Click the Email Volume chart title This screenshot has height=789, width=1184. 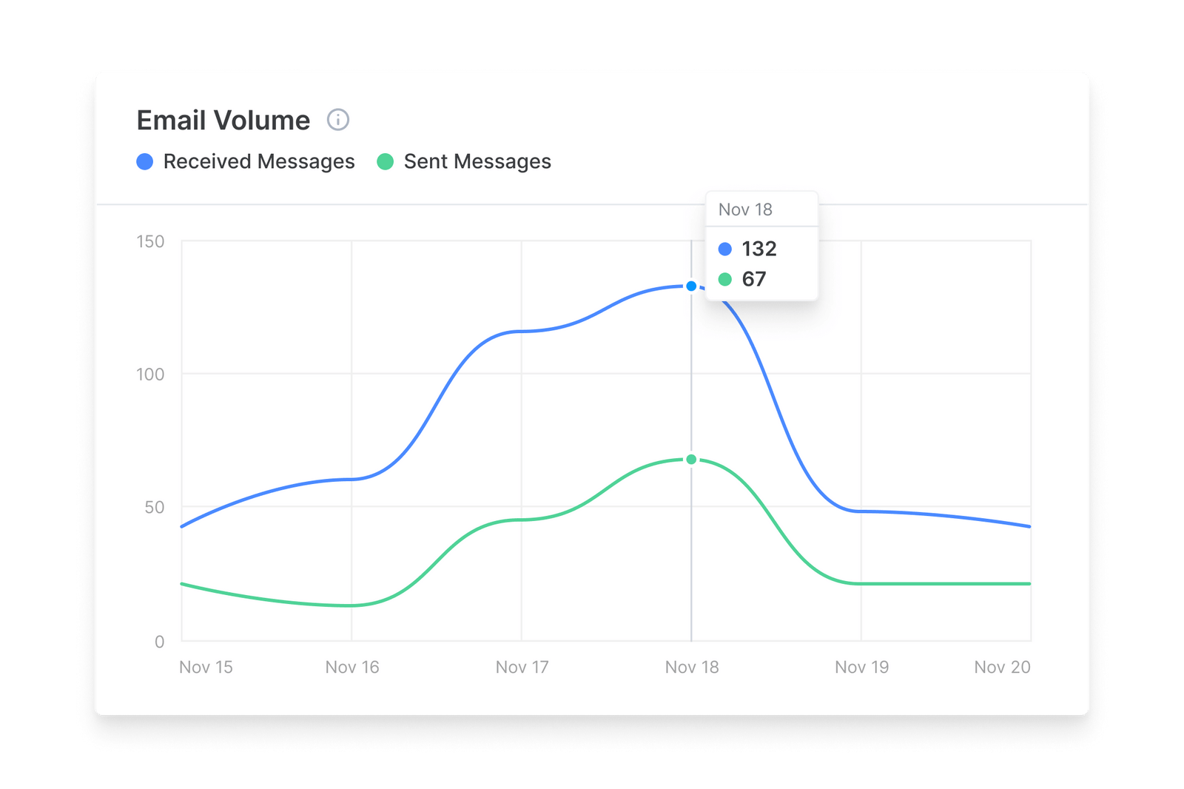[x=223, y=121]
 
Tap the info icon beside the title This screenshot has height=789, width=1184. [x=338, y=119]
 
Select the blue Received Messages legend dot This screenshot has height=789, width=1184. [x=145, y=161]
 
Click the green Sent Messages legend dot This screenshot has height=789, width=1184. [x=385, y=161]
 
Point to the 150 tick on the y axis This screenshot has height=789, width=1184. [x=150, y=241]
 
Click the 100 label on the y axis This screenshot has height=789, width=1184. [x=150, y=375]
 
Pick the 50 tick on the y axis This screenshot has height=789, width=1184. [x=154, y=508]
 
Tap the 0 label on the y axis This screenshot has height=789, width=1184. [x=159, y=642]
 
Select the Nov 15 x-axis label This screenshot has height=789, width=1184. [x=206, y=667]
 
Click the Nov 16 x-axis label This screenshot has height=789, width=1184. [x=352, y=667]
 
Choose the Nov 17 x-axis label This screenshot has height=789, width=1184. [x=522, y=667]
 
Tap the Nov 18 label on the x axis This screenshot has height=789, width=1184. [x=692, y=667]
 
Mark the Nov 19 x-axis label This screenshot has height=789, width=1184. [x=861, y=667]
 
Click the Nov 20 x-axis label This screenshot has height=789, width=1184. [x=1002, y=667]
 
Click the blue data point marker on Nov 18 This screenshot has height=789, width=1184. [x=691, y=286]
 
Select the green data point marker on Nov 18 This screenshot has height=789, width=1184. [x=691, y=460]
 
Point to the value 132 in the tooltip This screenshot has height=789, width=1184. [x=759, y=249]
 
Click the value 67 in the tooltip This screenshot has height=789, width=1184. [x=754, y=279]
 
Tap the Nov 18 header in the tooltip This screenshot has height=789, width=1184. [x=745, y=209]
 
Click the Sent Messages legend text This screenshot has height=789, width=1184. [x=477, y=161]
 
